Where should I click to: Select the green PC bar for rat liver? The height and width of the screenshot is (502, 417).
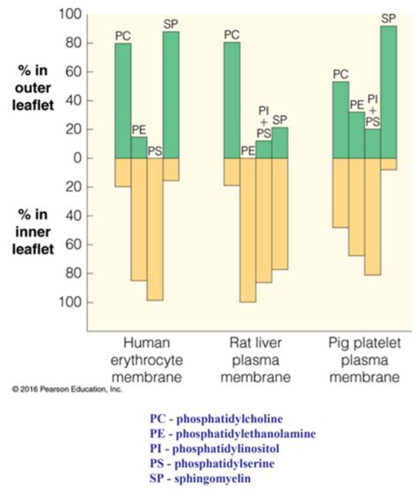[x=231, y=100]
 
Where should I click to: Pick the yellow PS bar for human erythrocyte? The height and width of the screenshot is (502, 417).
[x=155, y=229]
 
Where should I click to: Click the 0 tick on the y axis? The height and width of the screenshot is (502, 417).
[x=77, y=158]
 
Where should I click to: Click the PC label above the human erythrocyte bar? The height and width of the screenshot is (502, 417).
[x=123, y=35]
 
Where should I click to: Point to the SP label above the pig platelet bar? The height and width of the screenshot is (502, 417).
[x=388, y=18]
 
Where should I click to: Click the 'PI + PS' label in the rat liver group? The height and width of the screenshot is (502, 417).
[x=263, y=121]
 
